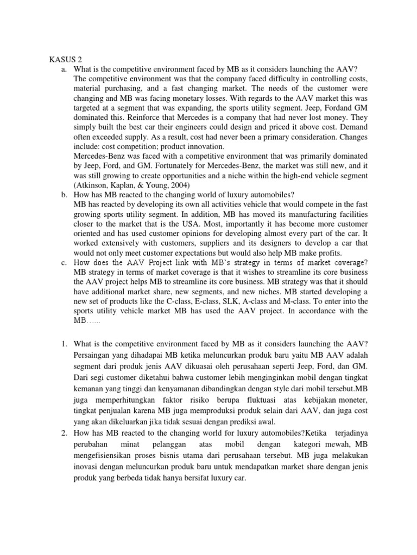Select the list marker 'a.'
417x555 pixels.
click(64, 70)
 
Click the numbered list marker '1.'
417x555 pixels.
click(64, 344)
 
